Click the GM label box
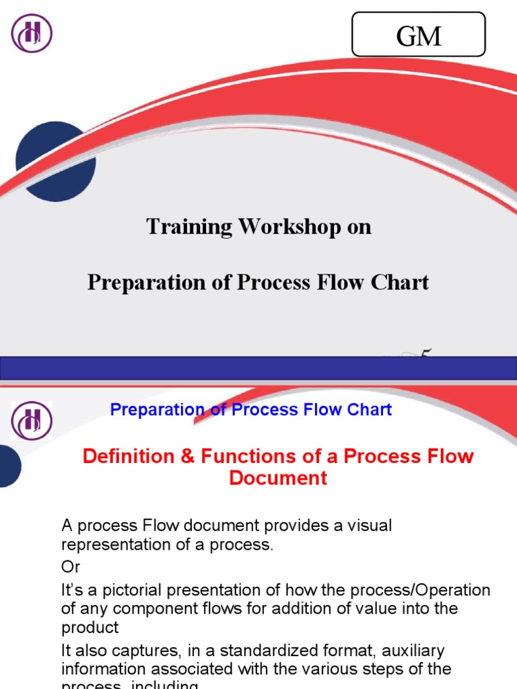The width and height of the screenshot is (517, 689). click(x=419, y=34)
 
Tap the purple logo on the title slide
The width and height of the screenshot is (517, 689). click(x=32, y=33)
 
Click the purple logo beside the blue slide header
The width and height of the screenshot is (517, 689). click(x=32, y=421)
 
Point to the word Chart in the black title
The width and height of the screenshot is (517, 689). click(x=403, y=282)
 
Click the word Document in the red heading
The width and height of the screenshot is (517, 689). click(x=278, y=478)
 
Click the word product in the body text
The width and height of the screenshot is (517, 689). click(x=90, y=627)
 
